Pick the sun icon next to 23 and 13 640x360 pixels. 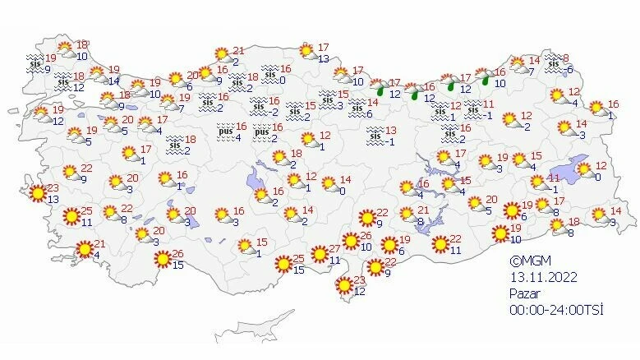[37, 194]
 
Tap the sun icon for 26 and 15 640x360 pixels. [163, 260]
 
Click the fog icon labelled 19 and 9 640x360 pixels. [35, 62]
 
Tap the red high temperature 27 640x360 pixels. [334, 250]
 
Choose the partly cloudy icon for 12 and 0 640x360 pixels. [584, 171]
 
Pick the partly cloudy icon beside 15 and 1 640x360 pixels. [243, 246]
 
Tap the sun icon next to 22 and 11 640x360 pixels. [440, 244]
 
